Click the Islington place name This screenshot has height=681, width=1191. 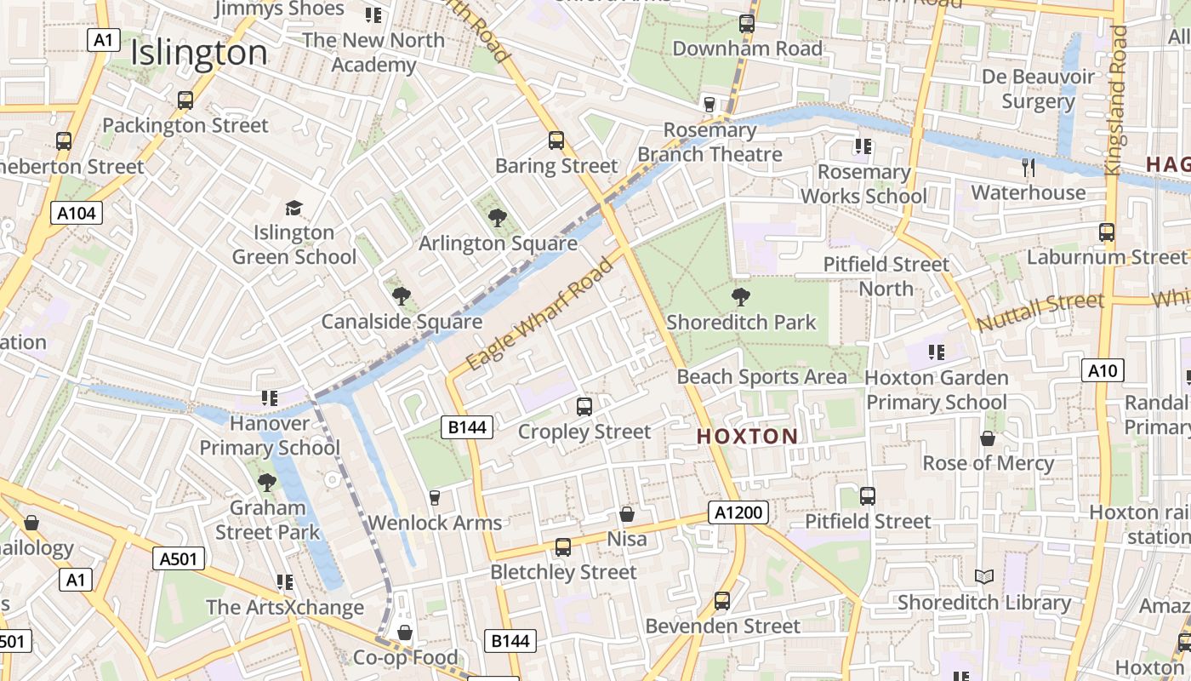tap(199, 54)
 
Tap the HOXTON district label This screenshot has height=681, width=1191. tap(748, 437)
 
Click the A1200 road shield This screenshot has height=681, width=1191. tap(738, 512)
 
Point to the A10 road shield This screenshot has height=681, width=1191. tap(1103, 370)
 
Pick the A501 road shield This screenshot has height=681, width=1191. tap(179, 558)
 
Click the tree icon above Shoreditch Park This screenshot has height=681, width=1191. tap(741, 297)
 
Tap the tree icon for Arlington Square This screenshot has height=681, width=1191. tap(498, 218)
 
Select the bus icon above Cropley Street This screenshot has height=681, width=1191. tap(584, 407)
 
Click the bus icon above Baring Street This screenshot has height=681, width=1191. tap(556, 140)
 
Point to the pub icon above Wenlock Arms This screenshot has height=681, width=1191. tap(435, 497)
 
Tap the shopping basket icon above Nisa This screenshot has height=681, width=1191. tap(627, 514)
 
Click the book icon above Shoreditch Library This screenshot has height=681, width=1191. tap(984, 577)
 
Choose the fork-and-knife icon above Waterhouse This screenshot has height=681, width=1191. tap(1029, 167)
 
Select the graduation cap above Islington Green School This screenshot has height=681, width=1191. tap(293, 208)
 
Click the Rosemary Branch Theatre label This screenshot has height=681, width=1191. tap(710, 142)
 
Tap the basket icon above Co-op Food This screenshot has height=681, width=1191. tap(405, 632)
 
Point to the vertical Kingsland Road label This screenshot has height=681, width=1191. tap(1116, 100)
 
